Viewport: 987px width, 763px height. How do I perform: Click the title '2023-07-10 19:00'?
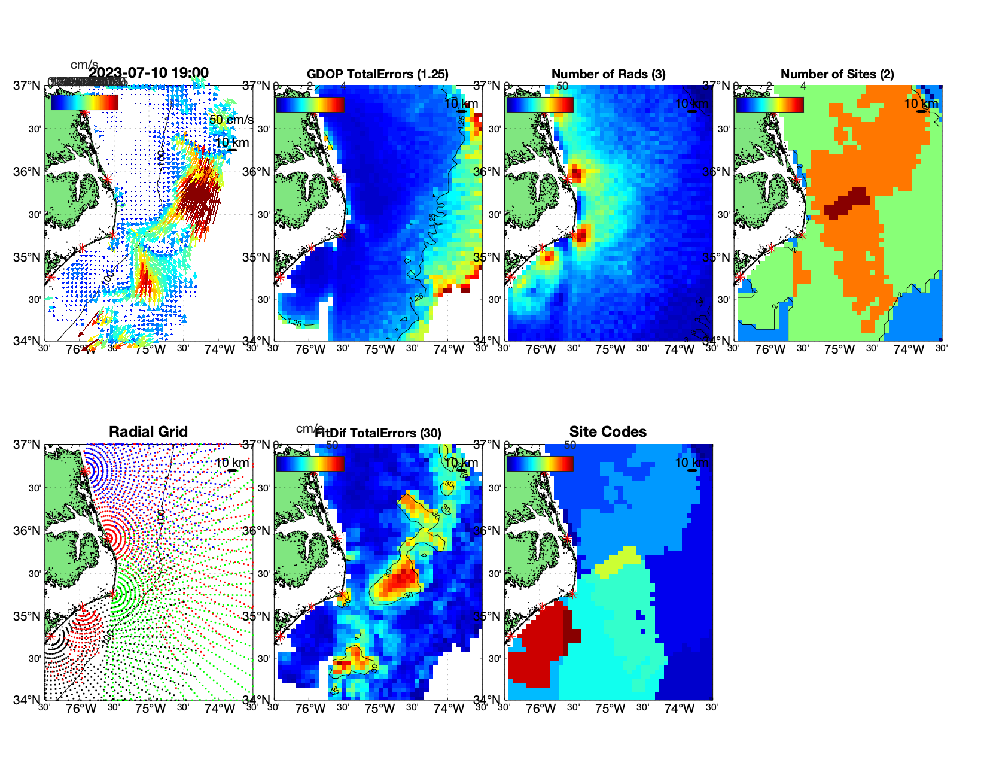(x=148, y=73)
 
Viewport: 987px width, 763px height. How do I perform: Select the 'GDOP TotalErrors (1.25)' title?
(x=377, y=74)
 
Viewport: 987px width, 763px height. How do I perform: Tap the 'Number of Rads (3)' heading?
(x=608, y=74)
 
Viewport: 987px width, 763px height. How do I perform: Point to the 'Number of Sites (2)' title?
(x=837, y=74)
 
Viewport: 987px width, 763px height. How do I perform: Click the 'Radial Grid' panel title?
(x=148, y=432)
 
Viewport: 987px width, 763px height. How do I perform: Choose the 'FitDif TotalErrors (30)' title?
(x=378, y=433)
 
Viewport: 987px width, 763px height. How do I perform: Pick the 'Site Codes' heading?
(x=608, y=432)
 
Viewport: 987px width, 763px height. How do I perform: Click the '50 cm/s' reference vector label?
(x=231, y=120)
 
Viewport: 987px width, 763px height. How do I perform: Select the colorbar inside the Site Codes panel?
(x=540, y=463)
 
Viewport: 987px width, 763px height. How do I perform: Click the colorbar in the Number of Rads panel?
(x=540, y=104)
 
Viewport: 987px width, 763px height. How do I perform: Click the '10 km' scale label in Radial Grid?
(x=231, y=463)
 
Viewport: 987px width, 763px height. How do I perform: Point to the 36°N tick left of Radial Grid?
(x=27, y=531)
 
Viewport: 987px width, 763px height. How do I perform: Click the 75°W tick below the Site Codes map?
(x=610, y=709)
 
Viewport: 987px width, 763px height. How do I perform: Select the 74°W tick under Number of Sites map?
(x=908, y=349)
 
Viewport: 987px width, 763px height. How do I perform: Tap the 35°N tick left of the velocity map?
(x=27, y=257)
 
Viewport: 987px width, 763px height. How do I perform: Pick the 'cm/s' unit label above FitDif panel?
(x=309, y=428)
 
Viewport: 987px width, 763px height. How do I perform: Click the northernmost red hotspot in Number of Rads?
(x=576, y=174)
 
